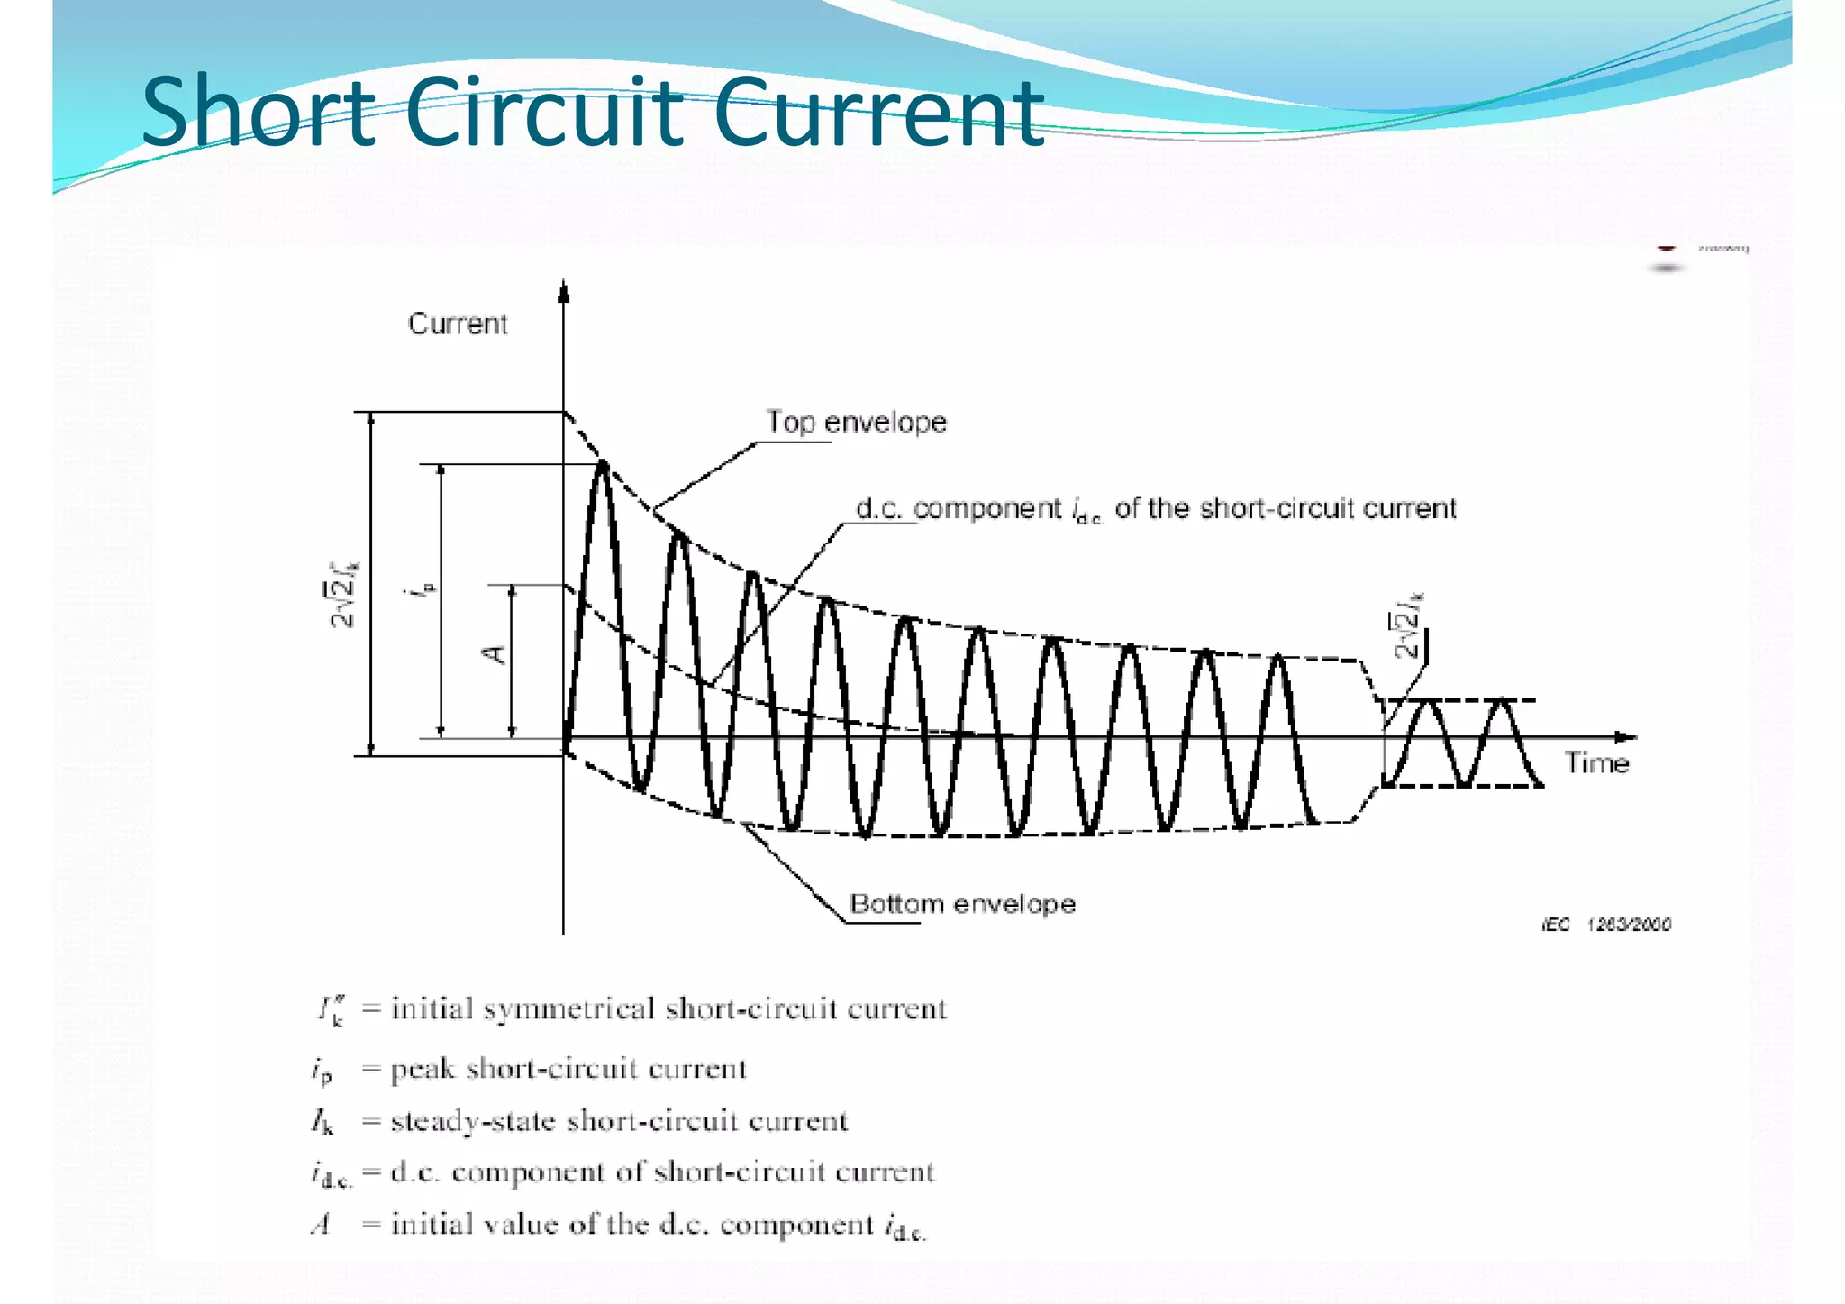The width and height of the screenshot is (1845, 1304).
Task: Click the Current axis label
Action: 458,324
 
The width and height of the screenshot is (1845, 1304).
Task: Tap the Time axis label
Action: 1596,763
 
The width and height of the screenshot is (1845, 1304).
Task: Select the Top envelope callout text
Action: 856,422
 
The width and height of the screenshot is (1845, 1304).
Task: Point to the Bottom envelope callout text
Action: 962,904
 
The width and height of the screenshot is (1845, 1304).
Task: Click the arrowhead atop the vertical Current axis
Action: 564,290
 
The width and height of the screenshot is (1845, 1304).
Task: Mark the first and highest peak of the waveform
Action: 603,465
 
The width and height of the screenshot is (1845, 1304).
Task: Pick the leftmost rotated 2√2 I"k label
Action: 343,595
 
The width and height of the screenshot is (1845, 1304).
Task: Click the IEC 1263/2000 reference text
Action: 1606,925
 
